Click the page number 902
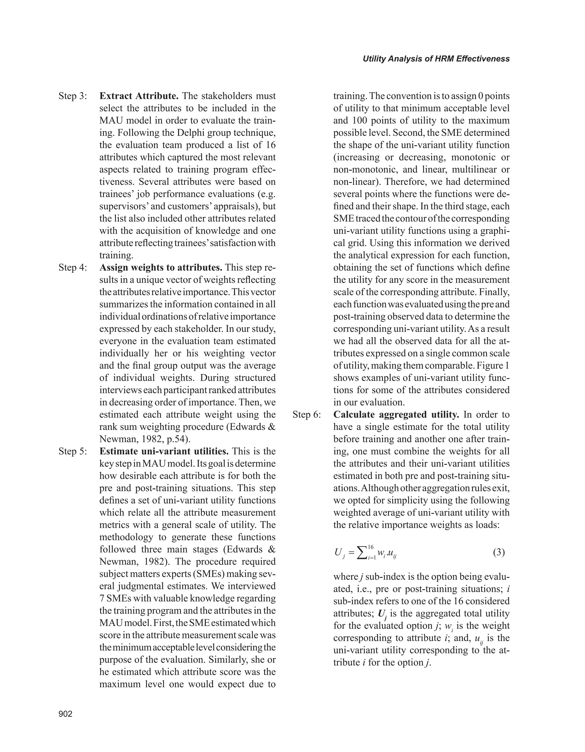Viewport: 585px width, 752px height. pos(65,714)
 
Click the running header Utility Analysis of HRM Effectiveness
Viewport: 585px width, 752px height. pos(436,59)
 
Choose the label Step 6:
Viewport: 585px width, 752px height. pos(306,415)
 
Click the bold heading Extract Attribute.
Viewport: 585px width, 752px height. pos(139,96)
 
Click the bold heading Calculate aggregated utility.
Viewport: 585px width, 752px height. pos(396,415)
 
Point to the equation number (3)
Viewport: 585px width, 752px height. pos(498,553)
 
